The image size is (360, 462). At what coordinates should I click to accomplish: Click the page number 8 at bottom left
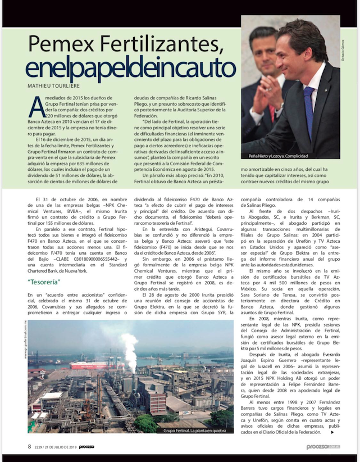tap(29, 447)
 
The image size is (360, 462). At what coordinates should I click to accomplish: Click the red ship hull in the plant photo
tap(93, 365)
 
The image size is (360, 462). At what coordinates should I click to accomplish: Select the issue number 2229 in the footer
tap(39, 447)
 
